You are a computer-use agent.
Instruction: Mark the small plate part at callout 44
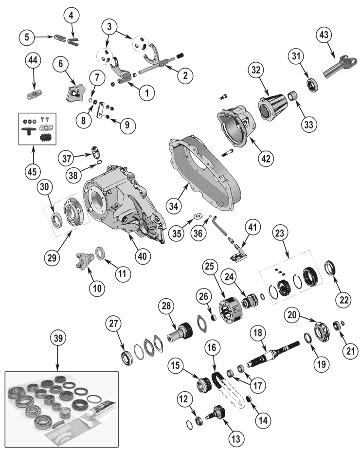33,92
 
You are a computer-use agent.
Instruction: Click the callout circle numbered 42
267,158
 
